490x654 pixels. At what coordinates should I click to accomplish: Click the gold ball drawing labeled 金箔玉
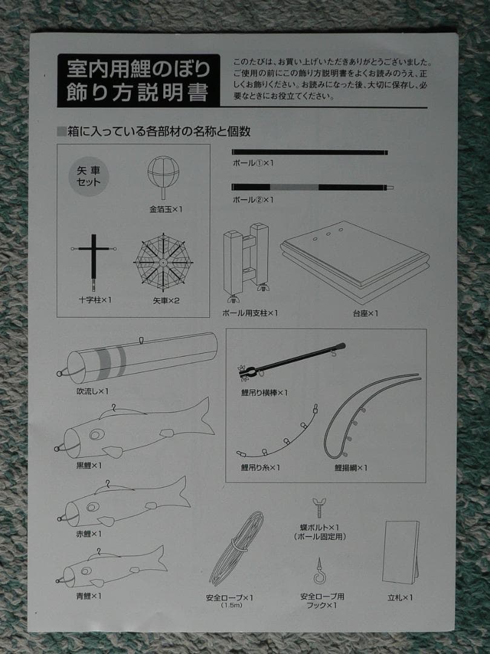[163, 174]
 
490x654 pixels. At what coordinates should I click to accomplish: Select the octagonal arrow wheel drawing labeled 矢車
[163, 262]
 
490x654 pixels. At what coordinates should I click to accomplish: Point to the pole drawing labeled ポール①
[309, 153]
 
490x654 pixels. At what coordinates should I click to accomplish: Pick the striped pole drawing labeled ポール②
[309, 187]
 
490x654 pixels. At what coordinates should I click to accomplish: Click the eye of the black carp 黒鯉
[96, 435]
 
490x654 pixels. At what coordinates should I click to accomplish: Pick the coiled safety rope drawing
[237, 548]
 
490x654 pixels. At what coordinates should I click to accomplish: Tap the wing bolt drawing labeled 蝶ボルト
[318, 507]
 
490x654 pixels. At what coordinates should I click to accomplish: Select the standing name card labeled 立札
[400, 552]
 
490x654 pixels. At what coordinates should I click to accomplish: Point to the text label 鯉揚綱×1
[351, 467]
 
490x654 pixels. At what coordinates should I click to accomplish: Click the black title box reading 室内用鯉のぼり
[138, 80]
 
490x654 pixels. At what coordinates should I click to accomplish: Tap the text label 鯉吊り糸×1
[260, 467]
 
